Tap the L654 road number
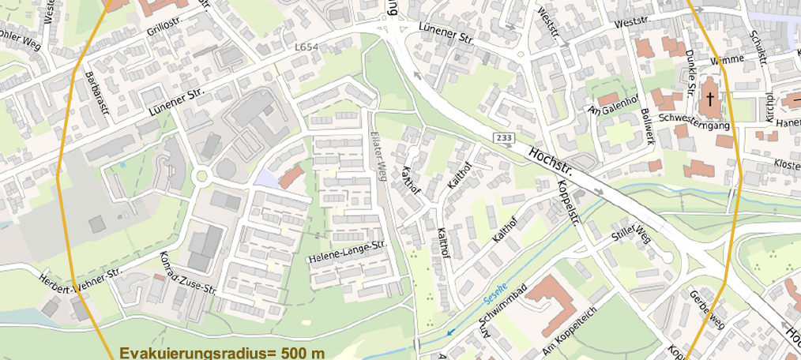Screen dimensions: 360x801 pyautogui.click(x=306, y=48)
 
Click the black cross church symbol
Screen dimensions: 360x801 pyautogui.click(x=710, y=99)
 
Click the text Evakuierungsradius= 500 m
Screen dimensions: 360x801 pyautogui.click(x=222, y=352)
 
